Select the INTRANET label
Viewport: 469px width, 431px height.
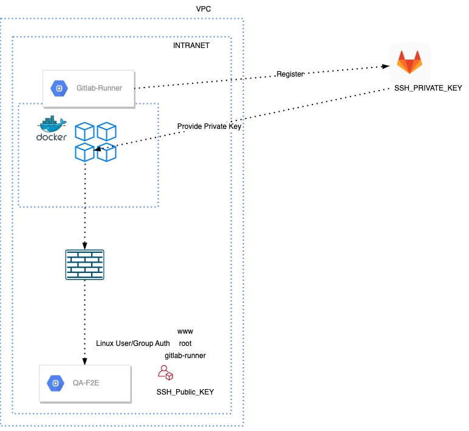pos(191,46)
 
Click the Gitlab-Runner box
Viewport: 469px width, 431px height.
pos(88,88)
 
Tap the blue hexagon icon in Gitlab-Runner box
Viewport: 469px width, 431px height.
pos(59,88)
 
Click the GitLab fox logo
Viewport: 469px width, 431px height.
pos(409,63)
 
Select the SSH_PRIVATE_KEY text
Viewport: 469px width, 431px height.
pos(428,88)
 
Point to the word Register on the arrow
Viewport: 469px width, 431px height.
pos(290,74)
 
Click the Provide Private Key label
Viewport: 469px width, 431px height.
pos(210,126)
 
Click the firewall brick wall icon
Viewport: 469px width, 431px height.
pos(84,265)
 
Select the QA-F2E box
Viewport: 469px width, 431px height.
pos(85,383)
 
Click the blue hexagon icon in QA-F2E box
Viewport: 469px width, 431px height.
pos(55,383)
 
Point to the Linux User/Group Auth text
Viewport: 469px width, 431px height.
pos(133,343)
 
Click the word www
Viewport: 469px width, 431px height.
pos(185,331)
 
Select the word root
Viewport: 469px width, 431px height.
pos(185,343)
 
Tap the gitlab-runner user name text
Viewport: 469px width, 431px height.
pos(185,356)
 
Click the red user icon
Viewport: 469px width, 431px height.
pos(165,373)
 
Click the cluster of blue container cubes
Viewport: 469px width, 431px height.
pos(95,142)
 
